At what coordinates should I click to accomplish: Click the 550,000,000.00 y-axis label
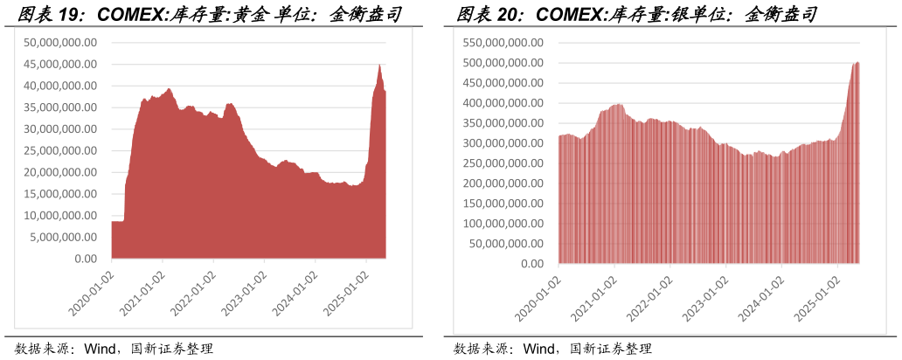pyautogui.click(x=504, y=43)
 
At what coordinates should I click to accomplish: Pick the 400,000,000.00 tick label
pyautogui.click(x=504, y=103)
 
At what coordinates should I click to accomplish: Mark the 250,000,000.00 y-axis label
pyautogui.click(x=504, y=163)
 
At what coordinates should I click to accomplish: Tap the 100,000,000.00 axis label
pyautogui.click(x=504, y=223)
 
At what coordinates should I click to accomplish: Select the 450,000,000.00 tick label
pyautogui.click(x=504, y=83)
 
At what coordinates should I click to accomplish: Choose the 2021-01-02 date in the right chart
pyautogui.click(x=593, y=298)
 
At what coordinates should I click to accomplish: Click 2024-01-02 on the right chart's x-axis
pyautogui.click(x=760, y=298)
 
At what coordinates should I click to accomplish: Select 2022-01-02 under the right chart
pyautogui.click(x=649, y=298)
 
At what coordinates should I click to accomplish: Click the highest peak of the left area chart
pyautogui.click(x=379, y=65)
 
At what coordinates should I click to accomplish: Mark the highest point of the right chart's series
pyautogui.click(x=857, y=62)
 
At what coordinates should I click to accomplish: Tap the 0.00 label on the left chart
pyautogui.click(x=86, y=259)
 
